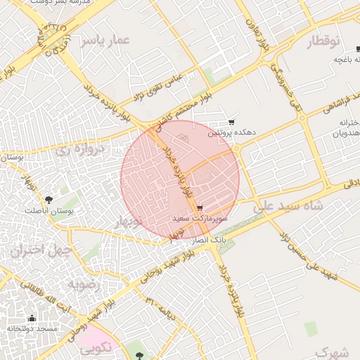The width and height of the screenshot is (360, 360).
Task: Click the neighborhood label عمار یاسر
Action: pyautogui.click(x=105, y=41)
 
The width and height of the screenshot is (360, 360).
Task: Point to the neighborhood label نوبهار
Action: pyautogui.click(x=143, y=222)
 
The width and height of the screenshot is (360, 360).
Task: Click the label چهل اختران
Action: pyautogui.click(x=37, y=250)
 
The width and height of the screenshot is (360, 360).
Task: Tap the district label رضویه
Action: pyautogui.click(x=86, y=284)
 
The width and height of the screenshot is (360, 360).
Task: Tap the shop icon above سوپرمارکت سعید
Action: pyautogui.click(x=200, y=208)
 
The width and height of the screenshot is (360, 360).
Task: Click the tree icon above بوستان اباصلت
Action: pyautogui.click(x=49, y=200)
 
